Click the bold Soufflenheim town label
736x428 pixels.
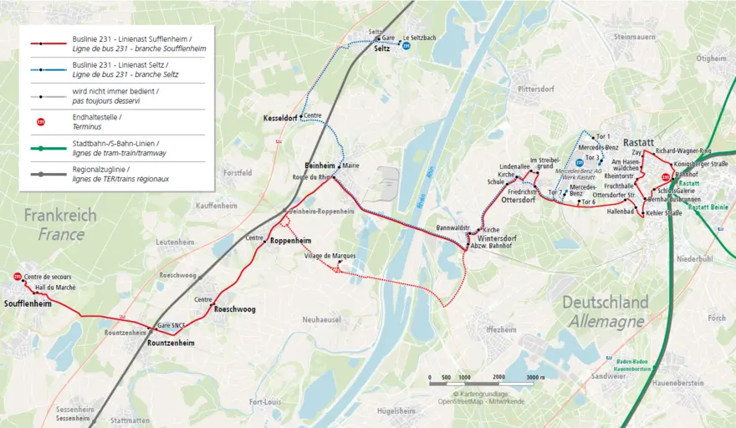[x=28, y=304]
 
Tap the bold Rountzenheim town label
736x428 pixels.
[x=171, y=343]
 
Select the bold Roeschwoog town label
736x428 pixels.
[x=235, y=309]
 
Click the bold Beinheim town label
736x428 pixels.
[x=319, y=166]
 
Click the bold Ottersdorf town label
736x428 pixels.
[x=517, y=201]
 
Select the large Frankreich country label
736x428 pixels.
[x=59, y=216]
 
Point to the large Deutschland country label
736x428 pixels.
[x=605, y=302]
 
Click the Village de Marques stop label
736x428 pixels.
[x=330, y=256]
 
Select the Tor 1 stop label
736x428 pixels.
[x=603, y=136]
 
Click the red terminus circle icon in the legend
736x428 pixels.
[x=40, y=122]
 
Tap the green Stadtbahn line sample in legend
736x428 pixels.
[x=49, y=148]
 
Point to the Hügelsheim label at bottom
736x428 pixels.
[x=396, y=411]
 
